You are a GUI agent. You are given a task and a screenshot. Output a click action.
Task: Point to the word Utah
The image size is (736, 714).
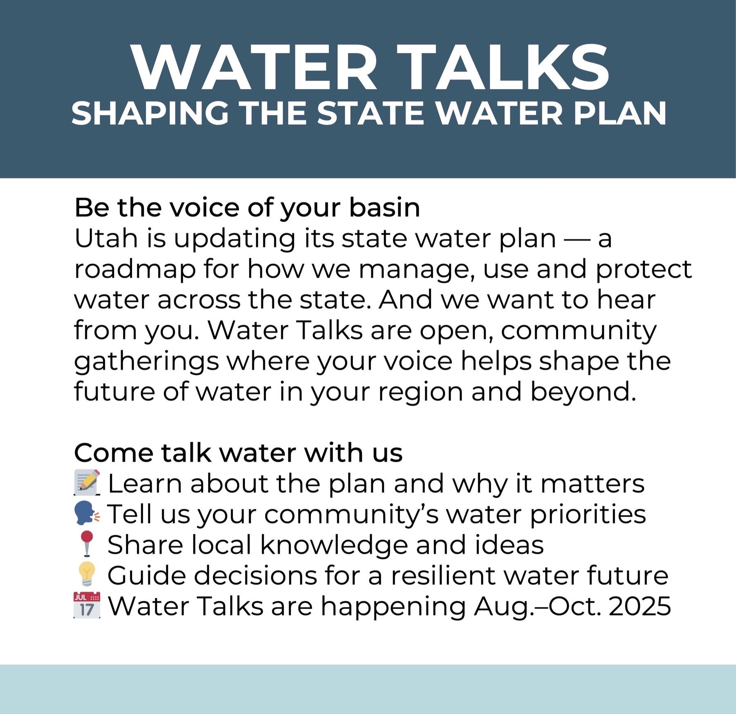pos(106,238)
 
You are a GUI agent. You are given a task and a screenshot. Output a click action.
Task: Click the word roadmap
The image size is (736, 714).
pos(135,270)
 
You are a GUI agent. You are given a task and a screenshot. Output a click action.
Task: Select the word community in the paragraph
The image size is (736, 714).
pos(579,331)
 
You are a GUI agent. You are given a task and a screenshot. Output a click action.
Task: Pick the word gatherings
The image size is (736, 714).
pos(146,362)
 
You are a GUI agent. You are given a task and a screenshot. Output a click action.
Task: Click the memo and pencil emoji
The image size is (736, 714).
pos(87,483)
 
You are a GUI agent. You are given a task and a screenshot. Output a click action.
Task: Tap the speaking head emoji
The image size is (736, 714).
pos(87,514)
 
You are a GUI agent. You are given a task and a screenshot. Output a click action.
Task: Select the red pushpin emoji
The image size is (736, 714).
pos(87,544)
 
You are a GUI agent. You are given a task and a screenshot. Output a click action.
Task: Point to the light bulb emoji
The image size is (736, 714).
pos(87,574)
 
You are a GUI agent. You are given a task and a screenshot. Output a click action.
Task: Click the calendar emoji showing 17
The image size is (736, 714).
pos(87,605)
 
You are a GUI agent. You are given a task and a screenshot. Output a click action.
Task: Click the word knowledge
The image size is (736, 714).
pos(334,545)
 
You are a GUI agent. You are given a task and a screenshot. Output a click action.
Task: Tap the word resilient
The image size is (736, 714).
pos(443,575)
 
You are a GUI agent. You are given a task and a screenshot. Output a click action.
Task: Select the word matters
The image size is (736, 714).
pos(592,484)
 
